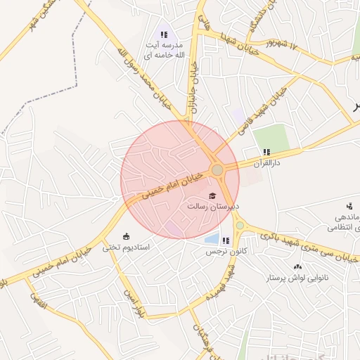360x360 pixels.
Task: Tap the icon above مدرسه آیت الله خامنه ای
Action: pyautogui.click(x=164, y=34)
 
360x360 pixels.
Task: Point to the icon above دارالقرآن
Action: pyautogui.click(x=266, y=152)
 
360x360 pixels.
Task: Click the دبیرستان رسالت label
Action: pyautogui.click(x=214, y=207)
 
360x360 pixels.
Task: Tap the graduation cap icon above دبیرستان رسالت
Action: pyautogui.click(x=212, y=195)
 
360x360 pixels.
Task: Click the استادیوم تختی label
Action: pyautogui.click(x=126, y=247)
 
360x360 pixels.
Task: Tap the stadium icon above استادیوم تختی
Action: pyautogui.click(x=127, y=236)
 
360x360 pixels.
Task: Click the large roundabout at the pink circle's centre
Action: pyautogui.click(x=218, y=169)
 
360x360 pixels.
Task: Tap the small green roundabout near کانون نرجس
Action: pyautogui.click(x=240, y=225)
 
